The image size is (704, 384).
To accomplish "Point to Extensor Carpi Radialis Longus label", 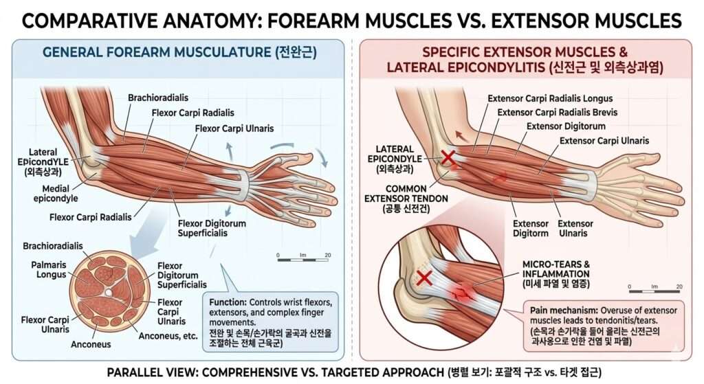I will tap(549, 98).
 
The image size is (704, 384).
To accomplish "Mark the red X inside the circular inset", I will tap(425, 278).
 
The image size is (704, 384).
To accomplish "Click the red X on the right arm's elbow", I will tap(448, 158).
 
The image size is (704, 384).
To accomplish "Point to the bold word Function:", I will tap(225, 302).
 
